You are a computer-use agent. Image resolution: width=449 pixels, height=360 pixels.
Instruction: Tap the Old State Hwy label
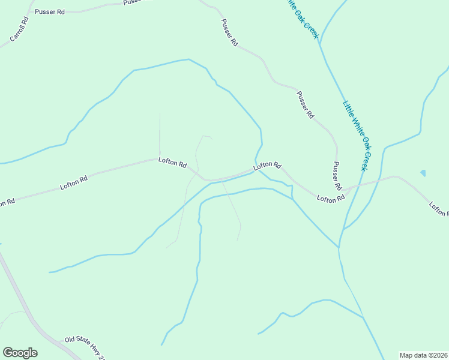tap(85, 346)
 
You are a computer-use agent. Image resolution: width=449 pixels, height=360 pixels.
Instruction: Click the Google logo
tap(20, 353)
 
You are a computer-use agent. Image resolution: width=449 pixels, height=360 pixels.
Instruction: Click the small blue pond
tap(423, 173)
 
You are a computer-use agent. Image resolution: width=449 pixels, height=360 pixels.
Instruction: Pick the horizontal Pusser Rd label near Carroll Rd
tap(49, 12)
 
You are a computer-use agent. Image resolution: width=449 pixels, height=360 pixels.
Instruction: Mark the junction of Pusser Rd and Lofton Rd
tap(343, 191)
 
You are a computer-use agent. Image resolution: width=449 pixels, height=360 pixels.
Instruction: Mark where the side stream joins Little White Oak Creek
tap(339, 247)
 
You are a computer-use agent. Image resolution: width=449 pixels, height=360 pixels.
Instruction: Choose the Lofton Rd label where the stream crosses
tap(267, 165)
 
